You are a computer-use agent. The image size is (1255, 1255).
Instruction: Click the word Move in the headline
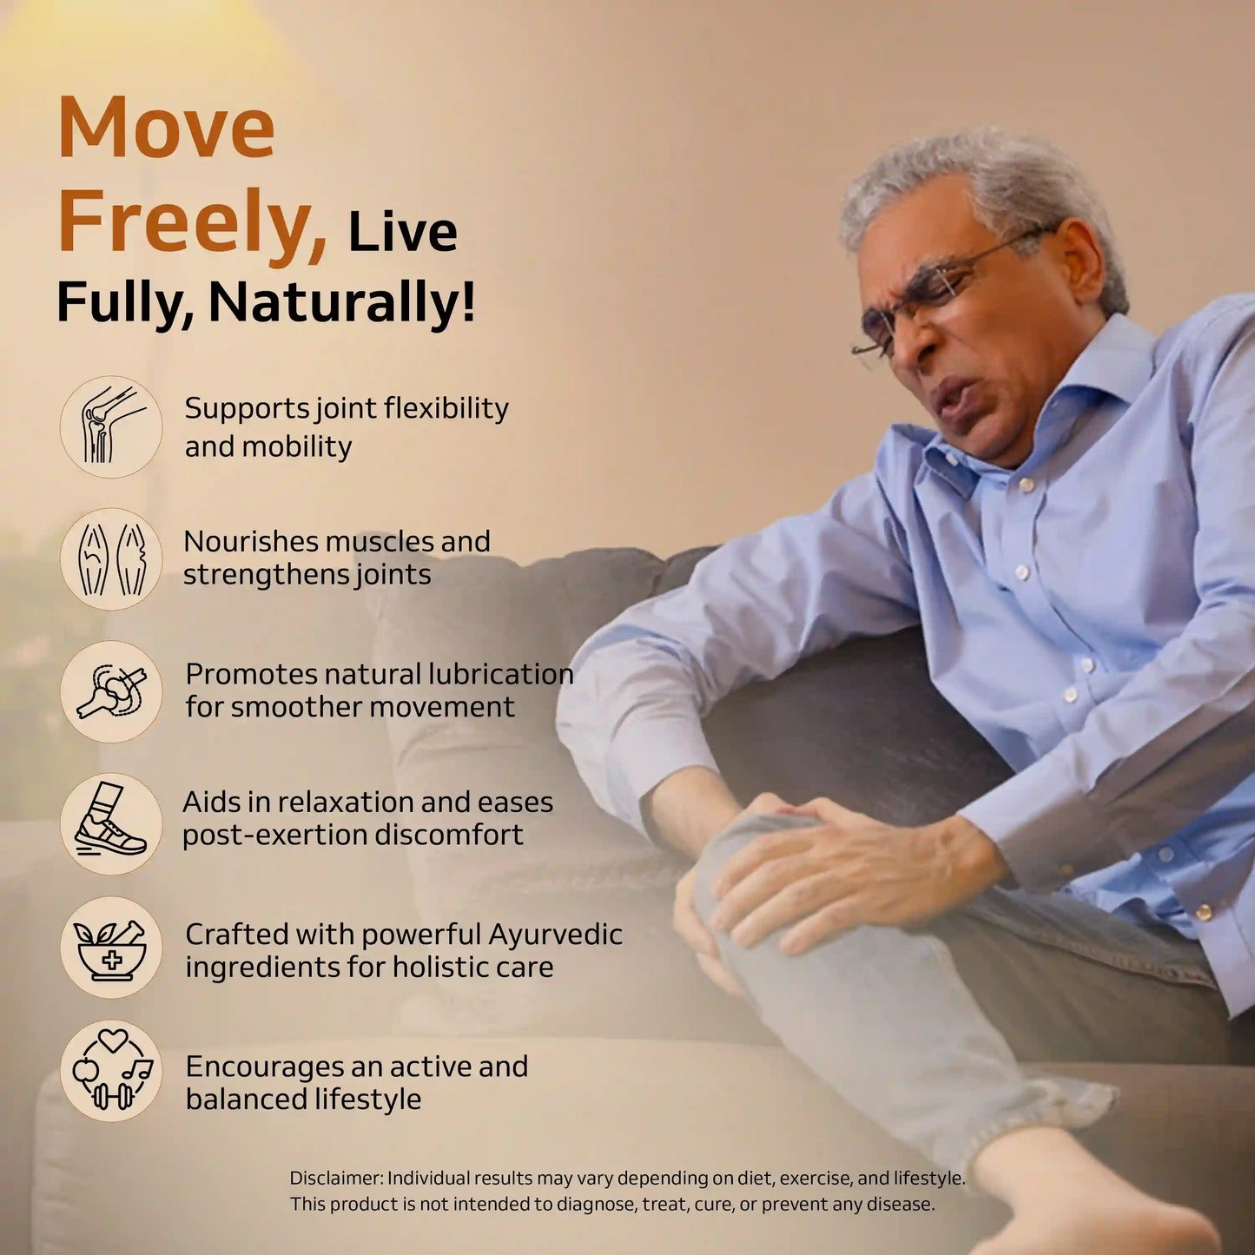(166, 128)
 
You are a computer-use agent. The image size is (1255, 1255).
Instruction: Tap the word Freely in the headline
(191, 222)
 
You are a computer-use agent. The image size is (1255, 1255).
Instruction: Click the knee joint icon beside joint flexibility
(110, 426)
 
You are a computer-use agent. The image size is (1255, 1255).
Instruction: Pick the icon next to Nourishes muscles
(110, 558)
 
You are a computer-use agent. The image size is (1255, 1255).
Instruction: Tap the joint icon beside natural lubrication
(110, 691)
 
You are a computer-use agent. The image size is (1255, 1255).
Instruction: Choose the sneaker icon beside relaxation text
(110, 823)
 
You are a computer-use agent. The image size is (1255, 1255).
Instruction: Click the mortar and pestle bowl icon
(110, 948)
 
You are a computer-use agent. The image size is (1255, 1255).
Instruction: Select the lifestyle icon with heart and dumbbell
(110, 1071)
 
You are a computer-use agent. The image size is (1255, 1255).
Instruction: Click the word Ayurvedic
(555, 935)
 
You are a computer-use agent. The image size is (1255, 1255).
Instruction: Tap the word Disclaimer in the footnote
(335, 1179)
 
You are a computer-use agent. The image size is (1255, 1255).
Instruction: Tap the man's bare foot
(1086, 1199)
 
